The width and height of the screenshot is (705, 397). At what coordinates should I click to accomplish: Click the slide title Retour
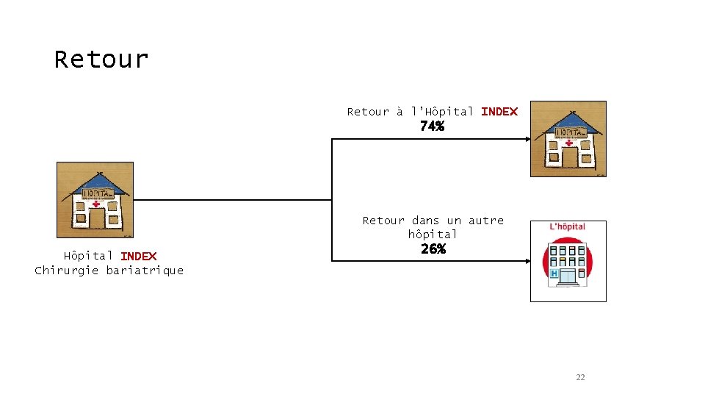click(x=101, y=59)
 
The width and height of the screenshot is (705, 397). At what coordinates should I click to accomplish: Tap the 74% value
click(x=432, y=126)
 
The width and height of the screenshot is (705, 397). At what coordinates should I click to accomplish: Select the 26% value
click(x=433, y=248)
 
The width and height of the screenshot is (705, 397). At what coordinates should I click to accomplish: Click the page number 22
click(x=580, y=377)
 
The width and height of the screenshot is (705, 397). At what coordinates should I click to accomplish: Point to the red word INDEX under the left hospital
click(x=138, y=256)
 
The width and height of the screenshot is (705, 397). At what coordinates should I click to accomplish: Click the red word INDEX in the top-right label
click(x=499, y=112)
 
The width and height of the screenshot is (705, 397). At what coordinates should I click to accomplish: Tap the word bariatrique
click(x=145, y=270)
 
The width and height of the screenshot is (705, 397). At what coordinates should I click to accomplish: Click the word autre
click(x=486, y=221)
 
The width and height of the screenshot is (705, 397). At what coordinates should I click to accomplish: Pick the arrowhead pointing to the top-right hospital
click(x=525, y=139)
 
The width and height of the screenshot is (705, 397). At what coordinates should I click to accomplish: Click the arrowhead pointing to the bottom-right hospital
click(x=525, y=260)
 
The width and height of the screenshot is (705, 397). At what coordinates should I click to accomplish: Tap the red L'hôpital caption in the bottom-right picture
click(x=568, y=226)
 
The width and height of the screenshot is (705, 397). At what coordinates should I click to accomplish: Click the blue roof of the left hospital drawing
click(x=95, y=181)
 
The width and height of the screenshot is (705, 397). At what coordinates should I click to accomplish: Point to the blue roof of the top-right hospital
click(x=568, y=120)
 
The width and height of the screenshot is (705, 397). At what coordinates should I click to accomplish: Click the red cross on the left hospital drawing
click(x=96, y=204)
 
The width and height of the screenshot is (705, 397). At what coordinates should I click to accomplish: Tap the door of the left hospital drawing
click(x=96, y=219)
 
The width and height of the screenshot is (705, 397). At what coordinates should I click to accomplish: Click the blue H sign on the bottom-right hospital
click(x=553, y=273)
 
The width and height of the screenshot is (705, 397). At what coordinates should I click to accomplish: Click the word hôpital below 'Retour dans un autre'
click(x=433, y=235)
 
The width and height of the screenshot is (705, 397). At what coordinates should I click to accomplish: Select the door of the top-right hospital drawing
click(x=569, y=157)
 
